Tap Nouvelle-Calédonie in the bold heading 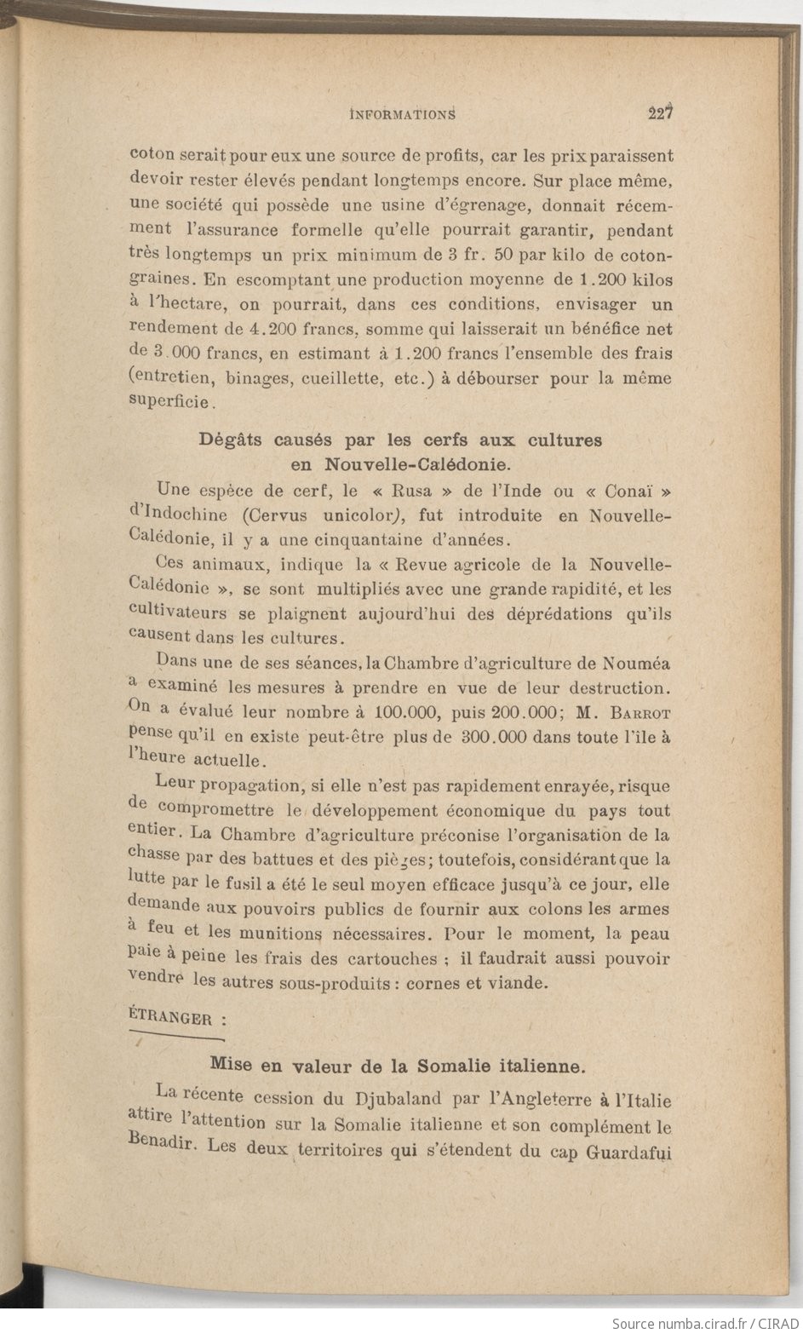click(412, 465)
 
